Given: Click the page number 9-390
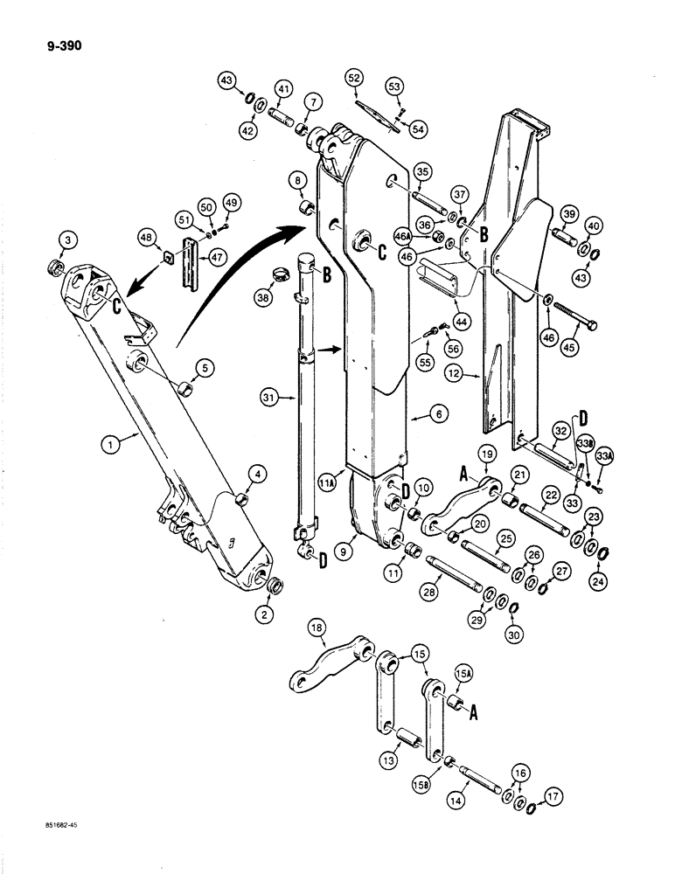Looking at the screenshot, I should (x=59, y=47).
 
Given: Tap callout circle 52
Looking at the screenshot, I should (x=354, y=79).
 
